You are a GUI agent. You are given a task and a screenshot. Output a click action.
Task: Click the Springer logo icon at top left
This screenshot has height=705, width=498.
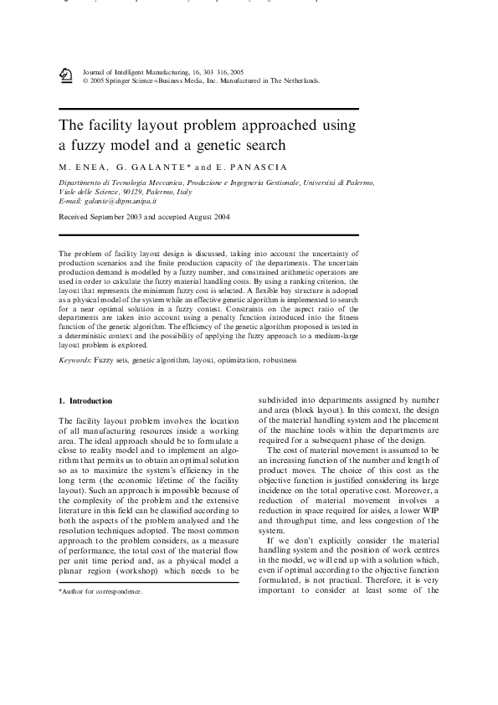66,76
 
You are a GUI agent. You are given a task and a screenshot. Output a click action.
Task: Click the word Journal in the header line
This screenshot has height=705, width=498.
98,73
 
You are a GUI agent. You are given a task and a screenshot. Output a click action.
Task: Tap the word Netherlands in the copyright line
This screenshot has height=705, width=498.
299,81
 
